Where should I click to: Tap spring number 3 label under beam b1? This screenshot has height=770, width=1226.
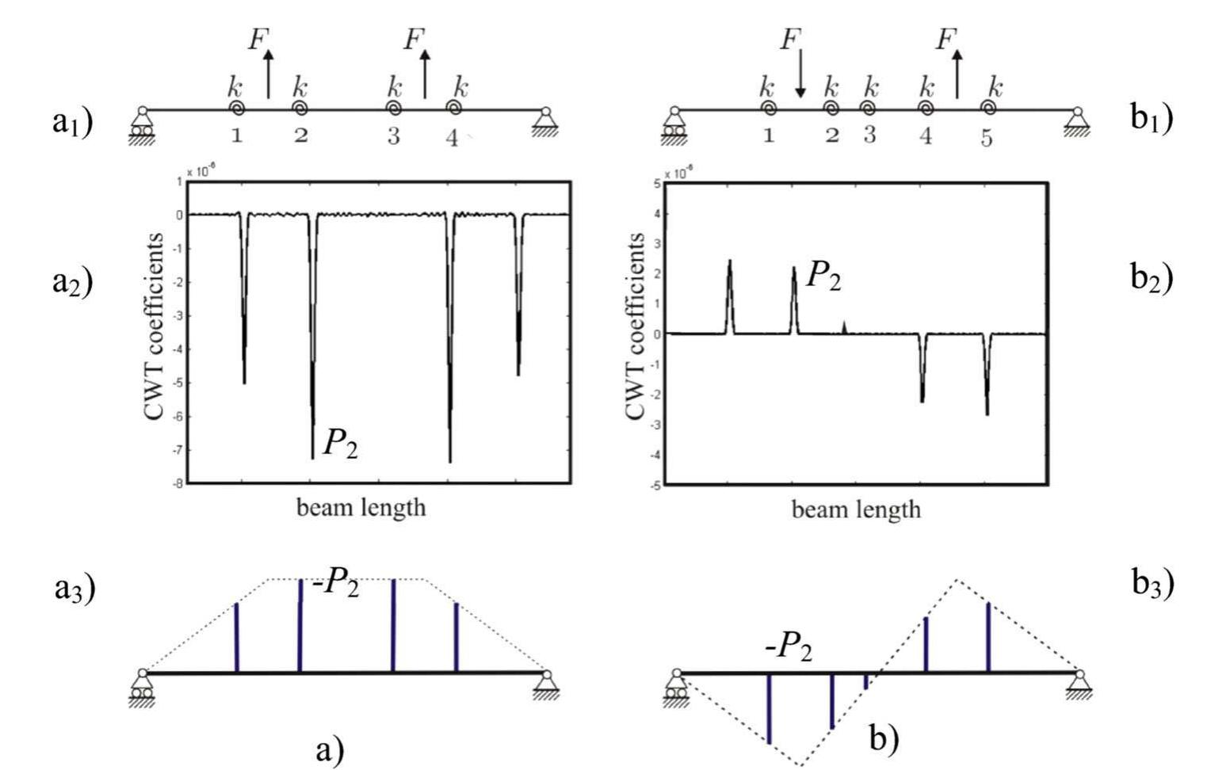point(869,135)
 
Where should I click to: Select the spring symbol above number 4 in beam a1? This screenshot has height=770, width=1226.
point(454,107)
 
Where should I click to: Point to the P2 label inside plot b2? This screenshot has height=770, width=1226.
point(823,276)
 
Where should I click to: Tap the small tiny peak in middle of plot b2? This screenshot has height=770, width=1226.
point(845,327)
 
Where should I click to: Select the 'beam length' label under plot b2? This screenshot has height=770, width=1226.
point(856,509)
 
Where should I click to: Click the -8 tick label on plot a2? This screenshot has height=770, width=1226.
point(179,483)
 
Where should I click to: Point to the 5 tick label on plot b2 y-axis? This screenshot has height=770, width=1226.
point(657,184)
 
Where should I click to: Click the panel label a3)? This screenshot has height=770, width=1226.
point(74,589)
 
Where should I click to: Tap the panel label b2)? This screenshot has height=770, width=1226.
point(1152,279)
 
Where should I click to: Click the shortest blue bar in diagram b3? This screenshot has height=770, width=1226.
point(866,681)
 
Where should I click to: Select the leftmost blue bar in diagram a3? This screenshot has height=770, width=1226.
point(236,638)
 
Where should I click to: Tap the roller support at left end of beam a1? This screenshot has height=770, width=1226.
point(142,127)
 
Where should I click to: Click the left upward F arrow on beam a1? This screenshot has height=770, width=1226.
point(269,75)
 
